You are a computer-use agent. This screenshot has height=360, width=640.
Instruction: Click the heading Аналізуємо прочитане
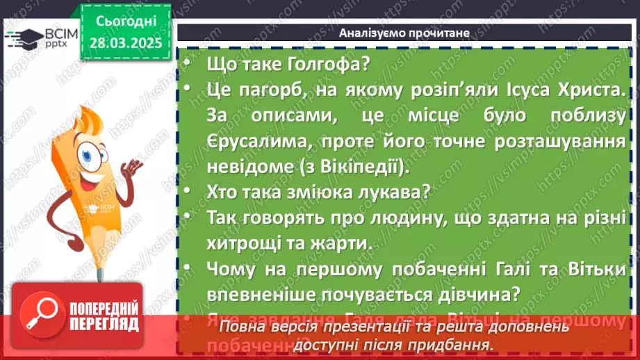pos(404,33)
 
